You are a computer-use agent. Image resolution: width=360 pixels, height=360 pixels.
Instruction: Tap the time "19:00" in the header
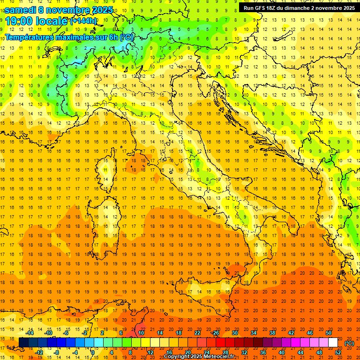21,21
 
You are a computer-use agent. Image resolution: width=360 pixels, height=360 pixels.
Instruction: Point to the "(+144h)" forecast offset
83,21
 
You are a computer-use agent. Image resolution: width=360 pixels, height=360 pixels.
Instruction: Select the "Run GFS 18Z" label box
298,7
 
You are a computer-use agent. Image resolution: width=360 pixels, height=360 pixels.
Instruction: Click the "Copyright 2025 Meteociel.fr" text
199,356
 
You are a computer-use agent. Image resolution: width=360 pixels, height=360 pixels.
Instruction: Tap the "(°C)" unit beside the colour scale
349,343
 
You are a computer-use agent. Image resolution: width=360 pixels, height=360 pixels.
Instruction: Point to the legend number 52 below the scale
338,352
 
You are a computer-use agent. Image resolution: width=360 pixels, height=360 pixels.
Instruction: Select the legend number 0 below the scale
92,352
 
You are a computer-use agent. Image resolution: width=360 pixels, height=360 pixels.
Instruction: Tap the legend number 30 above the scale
235,333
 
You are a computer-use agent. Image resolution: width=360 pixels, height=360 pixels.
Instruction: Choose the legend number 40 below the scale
282,352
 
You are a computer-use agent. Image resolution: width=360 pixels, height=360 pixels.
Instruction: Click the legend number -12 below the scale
39,352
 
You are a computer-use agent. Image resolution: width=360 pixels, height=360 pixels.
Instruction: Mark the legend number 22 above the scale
197,333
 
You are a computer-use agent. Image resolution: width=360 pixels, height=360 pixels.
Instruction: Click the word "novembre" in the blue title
70,10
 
